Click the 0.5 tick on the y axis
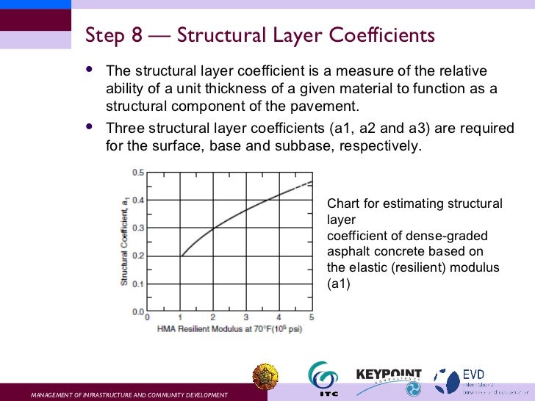137,173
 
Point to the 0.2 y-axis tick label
137,256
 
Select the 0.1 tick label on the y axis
137,283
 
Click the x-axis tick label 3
246,317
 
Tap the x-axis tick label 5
312,317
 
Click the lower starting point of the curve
181,256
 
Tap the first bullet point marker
90,71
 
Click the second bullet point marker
90,127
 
